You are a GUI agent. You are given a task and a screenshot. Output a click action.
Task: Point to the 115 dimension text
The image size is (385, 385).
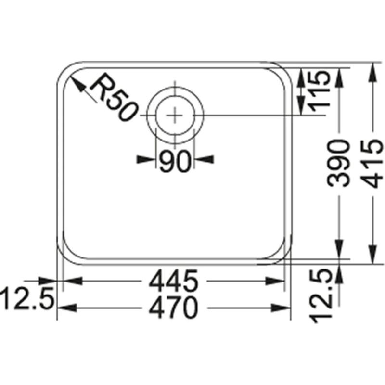pos(318,90)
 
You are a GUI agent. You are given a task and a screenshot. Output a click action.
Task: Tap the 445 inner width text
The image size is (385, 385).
pos(175,281)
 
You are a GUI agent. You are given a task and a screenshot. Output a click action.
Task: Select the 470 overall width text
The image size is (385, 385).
pos(175,308)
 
